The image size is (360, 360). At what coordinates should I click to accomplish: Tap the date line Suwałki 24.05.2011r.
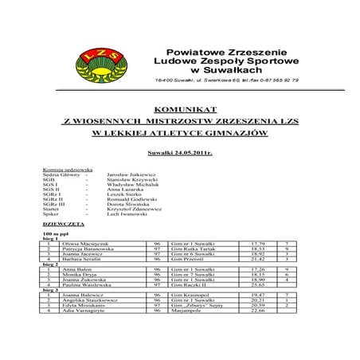[179, 151]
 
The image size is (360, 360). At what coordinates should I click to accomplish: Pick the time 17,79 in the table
[258, 242]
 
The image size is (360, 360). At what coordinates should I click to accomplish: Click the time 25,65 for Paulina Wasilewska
[258, 286]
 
